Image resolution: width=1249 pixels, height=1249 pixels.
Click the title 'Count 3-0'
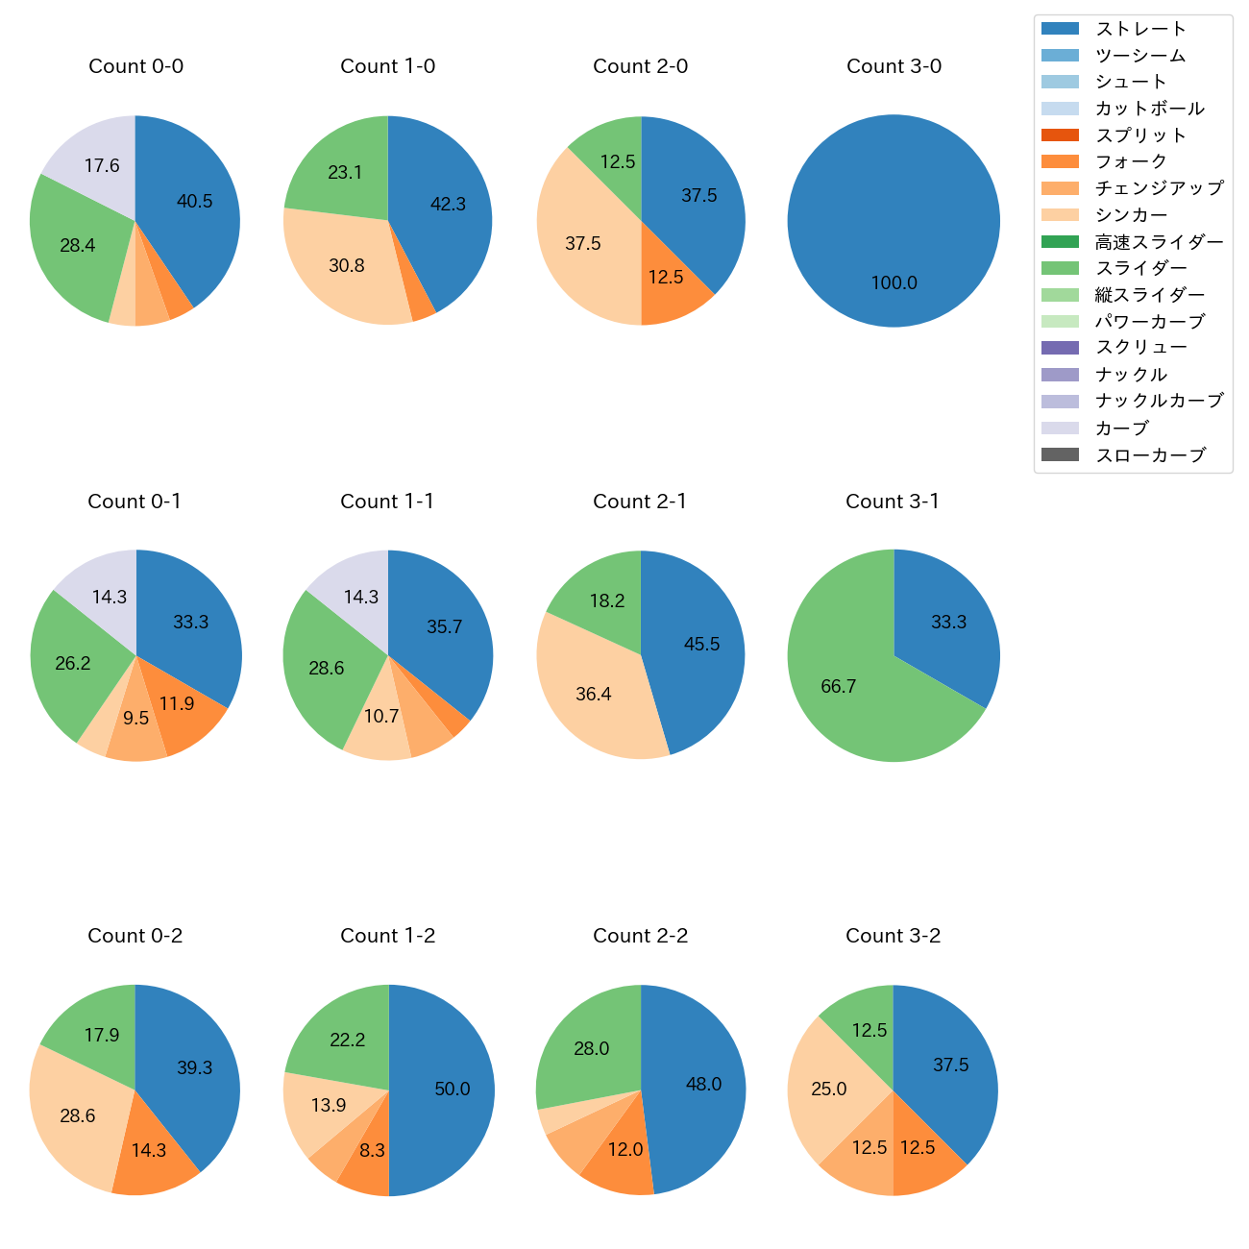point(894,66)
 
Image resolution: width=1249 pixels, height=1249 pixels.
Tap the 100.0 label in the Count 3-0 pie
point(894,283)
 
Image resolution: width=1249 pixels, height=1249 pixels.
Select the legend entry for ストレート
point(1139,29)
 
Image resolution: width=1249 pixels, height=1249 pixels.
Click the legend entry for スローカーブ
point(1149,455)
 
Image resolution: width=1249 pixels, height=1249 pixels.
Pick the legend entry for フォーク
point(1130,161)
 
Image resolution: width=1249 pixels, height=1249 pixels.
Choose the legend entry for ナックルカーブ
point(1159,402)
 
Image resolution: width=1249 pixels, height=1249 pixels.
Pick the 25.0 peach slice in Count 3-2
point(828,1089)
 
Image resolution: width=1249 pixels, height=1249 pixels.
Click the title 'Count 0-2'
point(135,936)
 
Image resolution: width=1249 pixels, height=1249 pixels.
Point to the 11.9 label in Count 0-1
point(177,704)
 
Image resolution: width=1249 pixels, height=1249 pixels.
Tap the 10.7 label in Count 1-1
point(381,717)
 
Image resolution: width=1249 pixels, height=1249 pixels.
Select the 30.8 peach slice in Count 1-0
point(348,265)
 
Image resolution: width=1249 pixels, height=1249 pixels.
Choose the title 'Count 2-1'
point(640,502)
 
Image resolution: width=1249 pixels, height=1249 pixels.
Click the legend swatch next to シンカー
point(1060,214)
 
